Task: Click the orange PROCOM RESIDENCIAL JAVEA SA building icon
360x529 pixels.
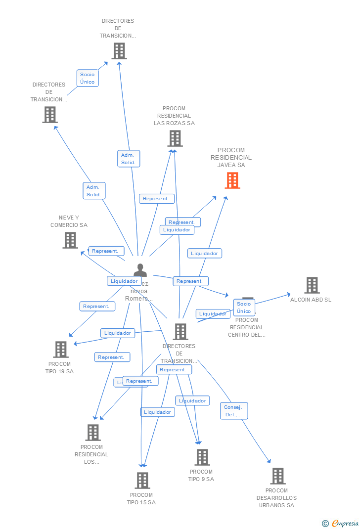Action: [x=232, y=180]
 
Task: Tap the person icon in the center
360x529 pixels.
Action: [x=140, y=270]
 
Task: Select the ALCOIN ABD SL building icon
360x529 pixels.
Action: [x=312, y=285]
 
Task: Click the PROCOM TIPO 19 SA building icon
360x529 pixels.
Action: [x=61, y=350]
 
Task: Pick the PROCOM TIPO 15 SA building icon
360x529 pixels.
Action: [x=142, y=480]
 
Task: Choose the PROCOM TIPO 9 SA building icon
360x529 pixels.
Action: [x=202, y=457]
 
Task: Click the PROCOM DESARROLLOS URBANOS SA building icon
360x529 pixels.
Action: [x=277, y=476]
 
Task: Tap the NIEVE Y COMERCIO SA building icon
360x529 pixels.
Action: [x=70, y=240]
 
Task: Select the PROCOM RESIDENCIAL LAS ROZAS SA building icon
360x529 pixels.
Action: [x=175, y=138]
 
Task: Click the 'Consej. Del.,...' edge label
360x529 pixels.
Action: [x=234, y=411]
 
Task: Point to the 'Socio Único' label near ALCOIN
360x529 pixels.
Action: [x=244, y=308]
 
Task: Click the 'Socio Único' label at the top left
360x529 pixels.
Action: [x=88, y=78]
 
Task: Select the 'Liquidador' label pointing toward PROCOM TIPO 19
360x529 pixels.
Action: [x=118, y=333]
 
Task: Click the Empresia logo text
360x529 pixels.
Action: [x=345, y=524]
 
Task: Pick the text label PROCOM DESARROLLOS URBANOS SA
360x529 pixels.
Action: [x=276, y=498]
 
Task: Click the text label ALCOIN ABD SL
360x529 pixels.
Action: [x=311, y=300]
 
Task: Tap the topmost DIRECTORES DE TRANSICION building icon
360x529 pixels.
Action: [x=119, y=51]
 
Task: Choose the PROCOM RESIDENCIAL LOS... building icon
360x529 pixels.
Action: [x=92, y=433]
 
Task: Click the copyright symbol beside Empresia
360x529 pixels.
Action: [x=325, y=524]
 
